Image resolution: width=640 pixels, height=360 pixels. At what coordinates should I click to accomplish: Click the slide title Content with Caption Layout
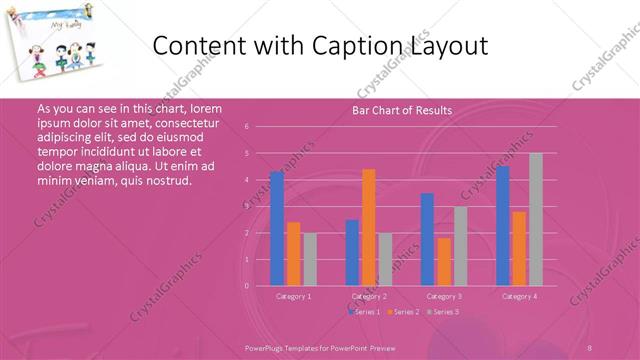click(x=323, y=46)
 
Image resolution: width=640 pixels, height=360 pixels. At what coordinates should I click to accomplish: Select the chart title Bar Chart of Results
click(x=402, y=110)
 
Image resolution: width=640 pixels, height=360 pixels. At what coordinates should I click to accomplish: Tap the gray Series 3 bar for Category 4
click(x=536, y=219)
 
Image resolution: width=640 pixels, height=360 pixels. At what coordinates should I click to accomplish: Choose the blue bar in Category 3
click(x=427, y=239)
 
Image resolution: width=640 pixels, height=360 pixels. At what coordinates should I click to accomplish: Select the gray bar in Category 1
click(x=310, y=259)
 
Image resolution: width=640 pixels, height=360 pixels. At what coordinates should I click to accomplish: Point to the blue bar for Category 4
click(x=502, y=225)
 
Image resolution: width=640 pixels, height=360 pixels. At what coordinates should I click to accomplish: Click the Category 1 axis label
click(x=293, y=296)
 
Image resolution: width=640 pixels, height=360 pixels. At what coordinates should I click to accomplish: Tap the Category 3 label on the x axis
click(x=444, y=296)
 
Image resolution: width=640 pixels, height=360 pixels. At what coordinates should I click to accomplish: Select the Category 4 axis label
click(x=519, y=296)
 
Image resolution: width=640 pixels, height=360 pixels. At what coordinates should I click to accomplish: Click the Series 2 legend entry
click(x=404, y=312)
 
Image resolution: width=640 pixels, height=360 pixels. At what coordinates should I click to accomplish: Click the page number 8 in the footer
click(x=590, y=347)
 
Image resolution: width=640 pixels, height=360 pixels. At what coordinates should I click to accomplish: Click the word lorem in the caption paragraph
click(x=206, y=108)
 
